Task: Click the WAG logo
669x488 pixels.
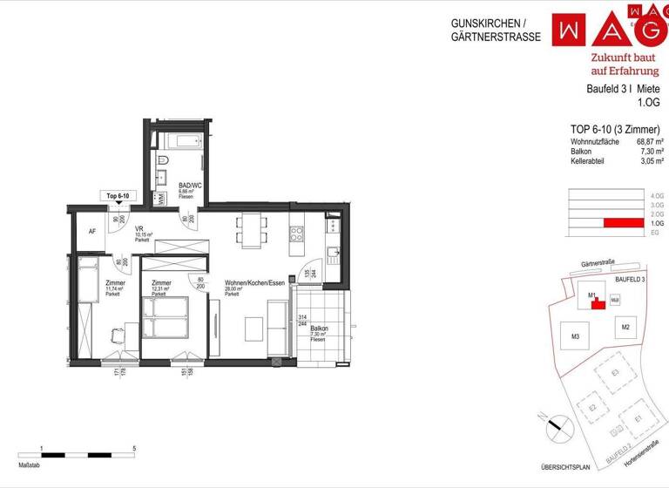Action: coord(610,28)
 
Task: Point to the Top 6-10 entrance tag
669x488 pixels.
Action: coord(118,196)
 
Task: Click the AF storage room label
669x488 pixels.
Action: coord(92,232)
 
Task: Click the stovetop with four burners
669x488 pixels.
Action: coord(296,234)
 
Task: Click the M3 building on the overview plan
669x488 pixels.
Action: coord(575,336)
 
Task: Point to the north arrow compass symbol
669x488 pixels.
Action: coord(554,427)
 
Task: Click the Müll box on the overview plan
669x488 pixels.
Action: coord(614,300)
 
